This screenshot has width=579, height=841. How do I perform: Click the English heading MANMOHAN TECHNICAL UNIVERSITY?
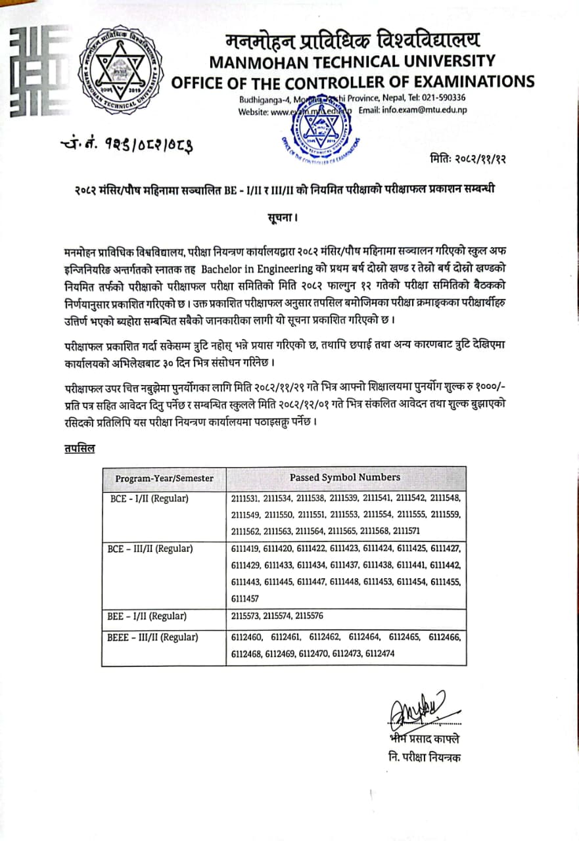click(352, 62)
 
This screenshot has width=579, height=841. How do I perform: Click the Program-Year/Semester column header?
click(164, 478)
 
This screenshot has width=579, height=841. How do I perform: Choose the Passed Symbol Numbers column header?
click(345, 478)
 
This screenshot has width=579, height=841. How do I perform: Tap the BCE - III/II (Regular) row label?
click(151, 548)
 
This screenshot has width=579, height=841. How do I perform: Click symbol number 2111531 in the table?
click(246, 499)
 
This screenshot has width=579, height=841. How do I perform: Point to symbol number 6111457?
click(246, 599)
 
